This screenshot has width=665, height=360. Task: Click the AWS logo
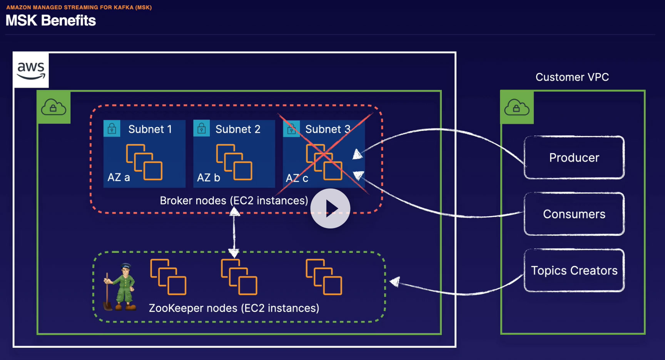(31, 70)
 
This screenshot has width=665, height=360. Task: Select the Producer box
(574, 158)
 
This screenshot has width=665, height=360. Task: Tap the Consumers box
(574, 214)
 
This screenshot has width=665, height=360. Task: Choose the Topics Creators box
(574, 270)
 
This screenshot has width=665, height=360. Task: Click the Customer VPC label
(572, 77)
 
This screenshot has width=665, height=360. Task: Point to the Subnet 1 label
(150, 129)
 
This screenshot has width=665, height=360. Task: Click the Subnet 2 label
(237, 129)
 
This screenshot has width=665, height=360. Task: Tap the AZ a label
(119, 177)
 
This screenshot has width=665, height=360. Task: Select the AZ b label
(208, 177)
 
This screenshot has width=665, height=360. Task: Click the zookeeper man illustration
(120, 287)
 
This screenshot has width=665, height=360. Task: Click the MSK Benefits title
(50, 20)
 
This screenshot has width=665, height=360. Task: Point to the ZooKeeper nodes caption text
(234, 308)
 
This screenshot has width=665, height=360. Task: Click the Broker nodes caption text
(234, 200)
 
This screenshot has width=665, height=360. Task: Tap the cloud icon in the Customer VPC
(516, 107)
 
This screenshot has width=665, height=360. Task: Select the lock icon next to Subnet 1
(112, 128)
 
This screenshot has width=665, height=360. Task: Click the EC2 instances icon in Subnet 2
(234, 162)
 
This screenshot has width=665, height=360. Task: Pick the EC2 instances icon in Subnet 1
(144, 162)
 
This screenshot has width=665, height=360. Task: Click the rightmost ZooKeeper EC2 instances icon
(324, 277)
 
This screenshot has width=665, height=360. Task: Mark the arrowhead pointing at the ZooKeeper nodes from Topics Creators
(394, 282)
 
